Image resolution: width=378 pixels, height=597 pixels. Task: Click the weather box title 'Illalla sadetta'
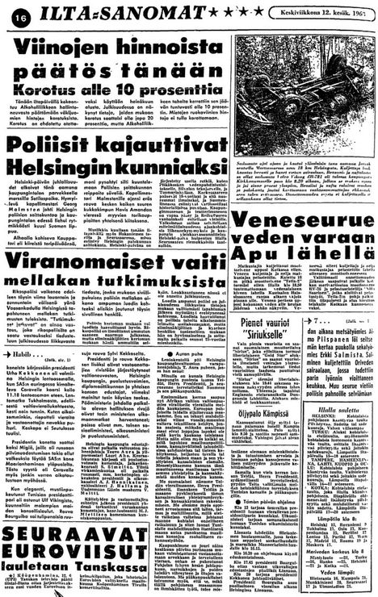tap(333, 453)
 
